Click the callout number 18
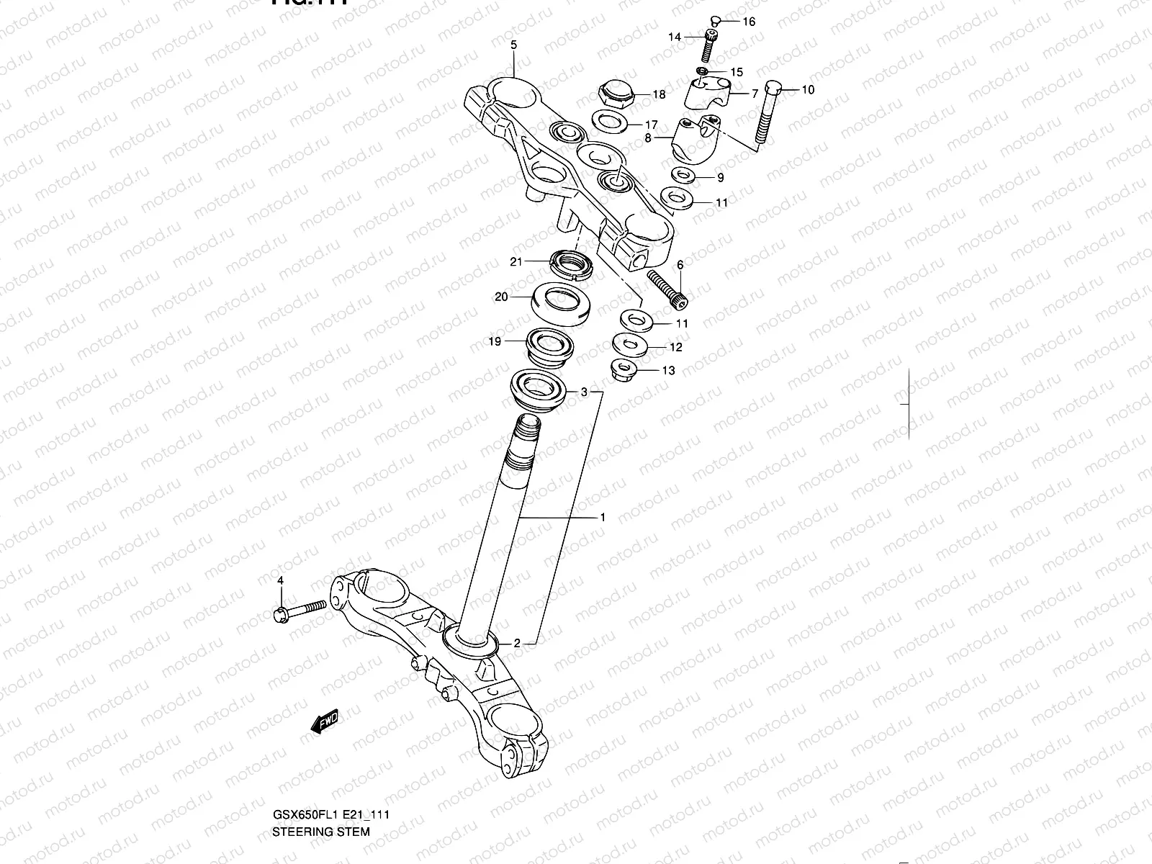660,94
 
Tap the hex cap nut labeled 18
615,94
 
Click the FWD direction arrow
323,721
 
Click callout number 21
516,262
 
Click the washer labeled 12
629,345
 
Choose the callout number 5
513,45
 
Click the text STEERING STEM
321,832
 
